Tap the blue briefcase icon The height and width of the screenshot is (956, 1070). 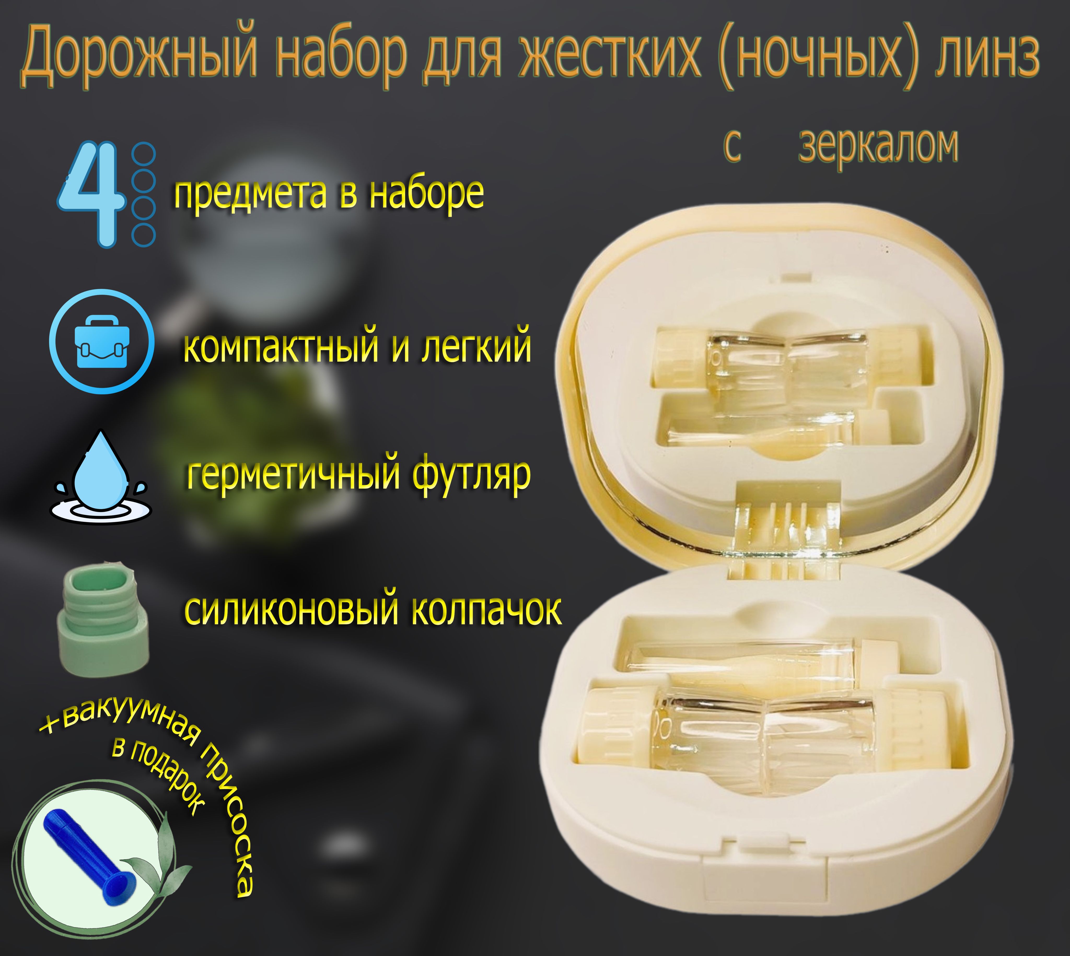[101, 342]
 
